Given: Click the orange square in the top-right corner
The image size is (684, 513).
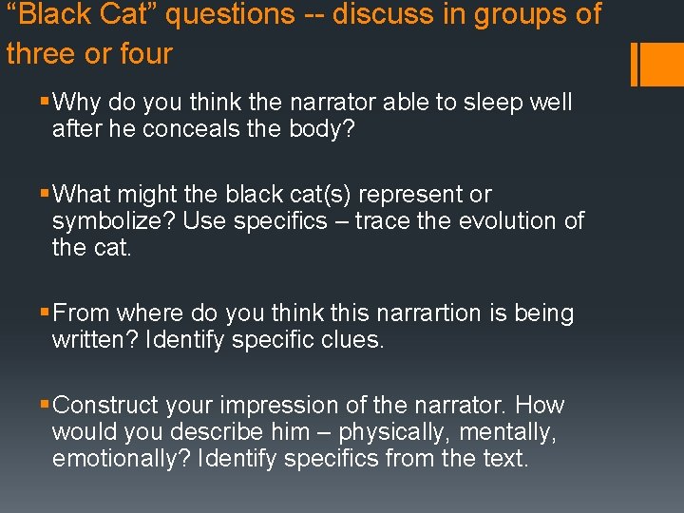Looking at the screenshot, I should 661,64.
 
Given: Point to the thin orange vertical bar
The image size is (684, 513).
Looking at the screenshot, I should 634,64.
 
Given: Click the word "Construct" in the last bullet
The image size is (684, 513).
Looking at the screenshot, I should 106,406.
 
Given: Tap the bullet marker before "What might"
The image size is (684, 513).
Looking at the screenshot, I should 45,195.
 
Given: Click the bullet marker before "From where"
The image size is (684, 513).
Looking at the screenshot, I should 45,313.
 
